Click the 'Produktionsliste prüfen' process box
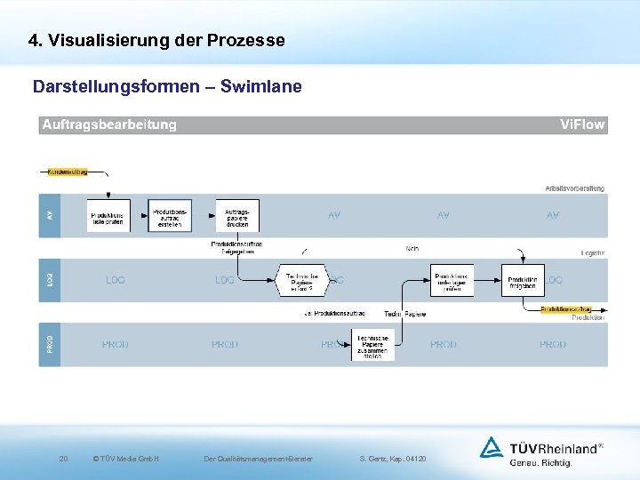108,216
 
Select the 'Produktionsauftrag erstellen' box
170,216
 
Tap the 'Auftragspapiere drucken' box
237,216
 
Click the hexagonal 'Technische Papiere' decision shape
302,281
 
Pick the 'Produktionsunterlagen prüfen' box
452,281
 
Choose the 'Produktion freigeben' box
523,281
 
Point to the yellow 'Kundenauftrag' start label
67,172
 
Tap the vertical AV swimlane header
50,216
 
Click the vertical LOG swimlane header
50,279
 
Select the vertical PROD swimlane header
50,344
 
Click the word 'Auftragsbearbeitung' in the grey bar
109,125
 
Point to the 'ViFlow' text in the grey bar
582,125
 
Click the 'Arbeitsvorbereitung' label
574,188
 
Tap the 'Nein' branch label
412,248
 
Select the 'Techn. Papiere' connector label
405,314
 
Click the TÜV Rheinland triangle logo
492,447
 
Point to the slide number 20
63,459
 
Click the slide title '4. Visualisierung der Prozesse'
156,41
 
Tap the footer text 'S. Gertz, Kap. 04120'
393,459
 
